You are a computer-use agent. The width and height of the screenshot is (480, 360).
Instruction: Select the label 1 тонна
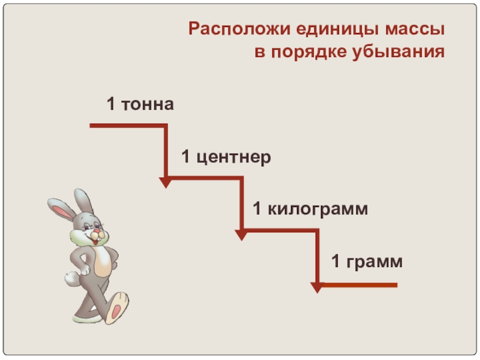click(x=140, y=105)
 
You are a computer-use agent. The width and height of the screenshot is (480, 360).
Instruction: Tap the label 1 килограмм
click(x=310, y=209)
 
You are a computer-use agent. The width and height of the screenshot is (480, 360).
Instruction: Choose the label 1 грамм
click(x=367, y=262)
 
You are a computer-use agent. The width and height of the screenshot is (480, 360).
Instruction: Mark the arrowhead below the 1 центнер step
click(x=241, y=234)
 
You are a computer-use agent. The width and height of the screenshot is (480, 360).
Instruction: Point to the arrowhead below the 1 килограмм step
click(x=317, y=286)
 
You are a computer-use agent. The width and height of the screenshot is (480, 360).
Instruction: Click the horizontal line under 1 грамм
click(x=360, y=284)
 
